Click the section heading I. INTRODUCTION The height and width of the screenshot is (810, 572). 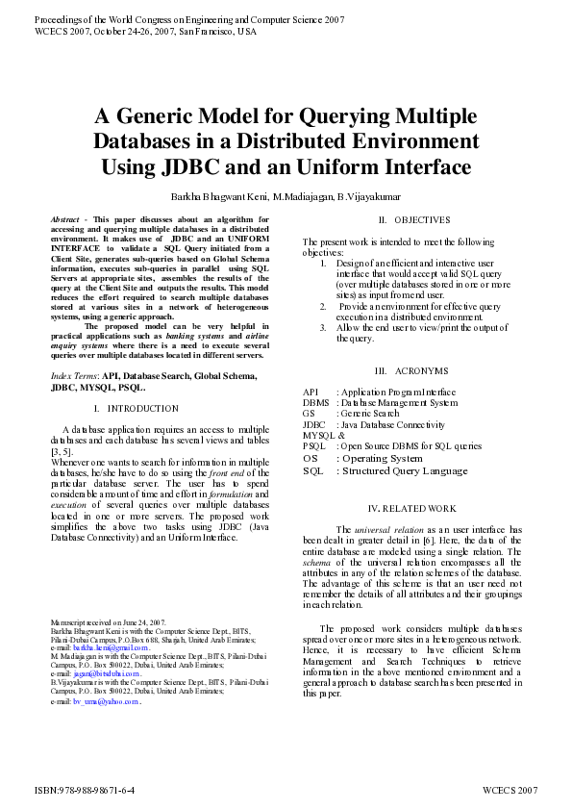pyautogui.click(x=142, y=409)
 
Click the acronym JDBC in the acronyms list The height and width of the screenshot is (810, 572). pyautogui.click(x=313, y=424)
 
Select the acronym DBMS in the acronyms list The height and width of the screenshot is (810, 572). pyautogui.click(x=315, y=403)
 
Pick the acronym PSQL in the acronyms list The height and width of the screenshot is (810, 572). pyautogui.click(x=313, y=446)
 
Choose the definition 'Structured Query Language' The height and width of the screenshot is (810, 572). pyautogui.click(x=402, y=470)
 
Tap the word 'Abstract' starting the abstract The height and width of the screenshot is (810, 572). pyautogui.click(x=65, y=220)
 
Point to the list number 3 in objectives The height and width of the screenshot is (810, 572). pyautogui.click(x=324, y=327)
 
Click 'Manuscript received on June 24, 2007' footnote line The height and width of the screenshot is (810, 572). pyautogui.click(x=108, y=623)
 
